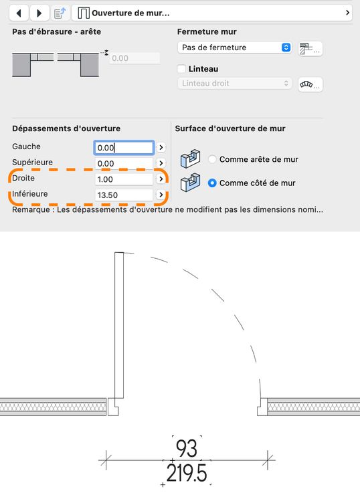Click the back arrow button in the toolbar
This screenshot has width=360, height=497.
tap(19, 13)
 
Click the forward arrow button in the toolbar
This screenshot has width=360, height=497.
tap(39, 13)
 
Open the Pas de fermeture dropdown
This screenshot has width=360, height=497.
tap(234, 47)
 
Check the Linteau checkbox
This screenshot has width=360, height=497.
tap(181, 69)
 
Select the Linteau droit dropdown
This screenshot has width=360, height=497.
tap(234, 84)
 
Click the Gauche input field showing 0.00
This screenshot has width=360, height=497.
tap(124, 148)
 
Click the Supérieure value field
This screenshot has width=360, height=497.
tap(124, 164)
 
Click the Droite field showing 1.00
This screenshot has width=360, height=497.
tap(124, 179)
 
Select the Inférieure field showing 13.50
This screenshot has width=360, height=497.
tap(124, 195)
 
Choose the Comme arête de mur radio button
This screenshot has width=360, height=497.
tap(212, 159)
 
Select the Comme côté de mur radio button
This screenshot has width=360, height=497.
tap(212, 183)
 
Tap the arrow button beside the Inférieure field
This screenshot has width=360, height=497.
tap(161, 195)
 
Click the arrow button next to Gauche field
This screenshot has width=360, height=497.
tap(161, 147)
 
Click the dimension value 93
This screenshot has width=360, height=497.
tap(187, 448)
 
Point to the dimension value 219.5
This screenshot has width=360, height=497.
tap(187, 473)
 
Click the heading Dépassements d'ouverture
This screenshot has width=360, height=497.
tap(66, 128)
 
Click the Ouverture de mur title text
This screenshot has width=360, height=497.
tap(130, 13)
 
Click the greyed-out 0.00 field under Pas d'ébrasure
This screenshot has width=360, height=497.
tap(134, 58)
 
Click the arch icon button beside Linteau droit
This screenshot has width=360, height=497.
tap(310, 85)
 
